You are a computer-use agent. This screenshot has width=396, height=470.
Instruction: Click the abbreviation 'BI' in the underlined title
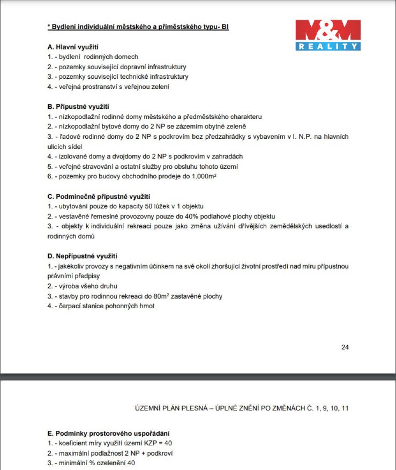click(225, 27)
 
